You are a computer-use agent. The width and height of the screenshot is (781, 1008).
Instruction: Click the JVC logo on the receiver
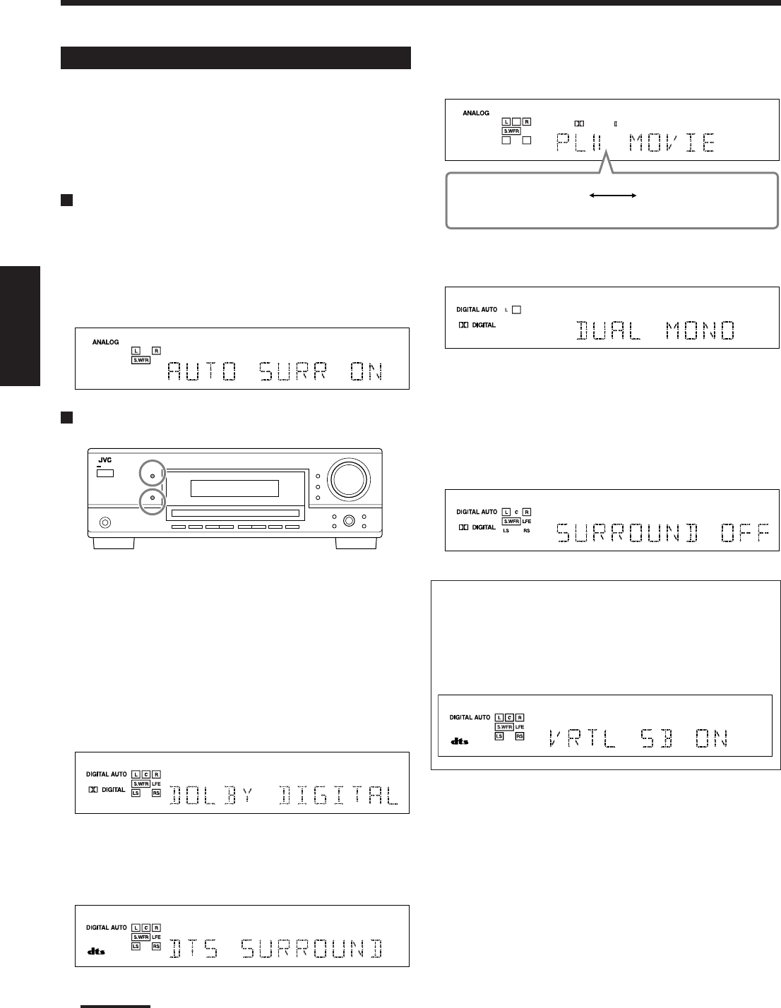[105, 460]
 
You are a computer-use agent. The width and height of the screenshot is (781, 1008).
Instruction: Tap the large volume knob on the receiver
[349, 479]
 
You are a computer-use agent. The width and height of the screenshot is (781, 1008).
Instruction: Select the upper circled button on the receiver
[153, 476]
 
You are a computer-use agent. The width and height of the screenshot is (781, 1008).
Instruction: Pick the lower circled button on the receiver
[153, 498]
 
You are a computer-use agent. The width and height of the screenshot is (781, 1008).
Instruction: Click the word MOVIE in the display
[672, 143]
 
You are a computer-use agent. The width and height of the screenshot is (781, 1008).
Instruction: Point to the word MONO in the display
[700, 331]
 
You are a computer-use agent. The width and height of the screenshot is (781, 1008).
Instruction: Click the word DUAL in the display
[609, 331]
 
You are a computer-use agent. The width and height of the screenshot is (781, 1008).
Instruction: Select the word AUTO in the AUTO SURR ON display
[202, 371]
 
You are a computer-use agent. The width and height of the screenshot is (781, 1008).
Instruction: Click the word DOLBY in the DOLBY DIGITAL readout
[211, 795]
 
